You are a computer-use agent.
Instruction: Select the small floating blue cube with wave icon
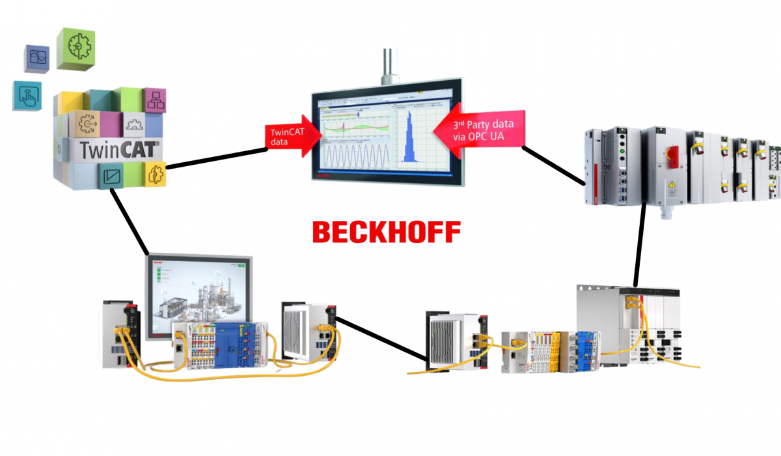[37, 59]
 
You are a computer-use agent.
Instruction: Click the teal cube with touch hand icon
[27, 96]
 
